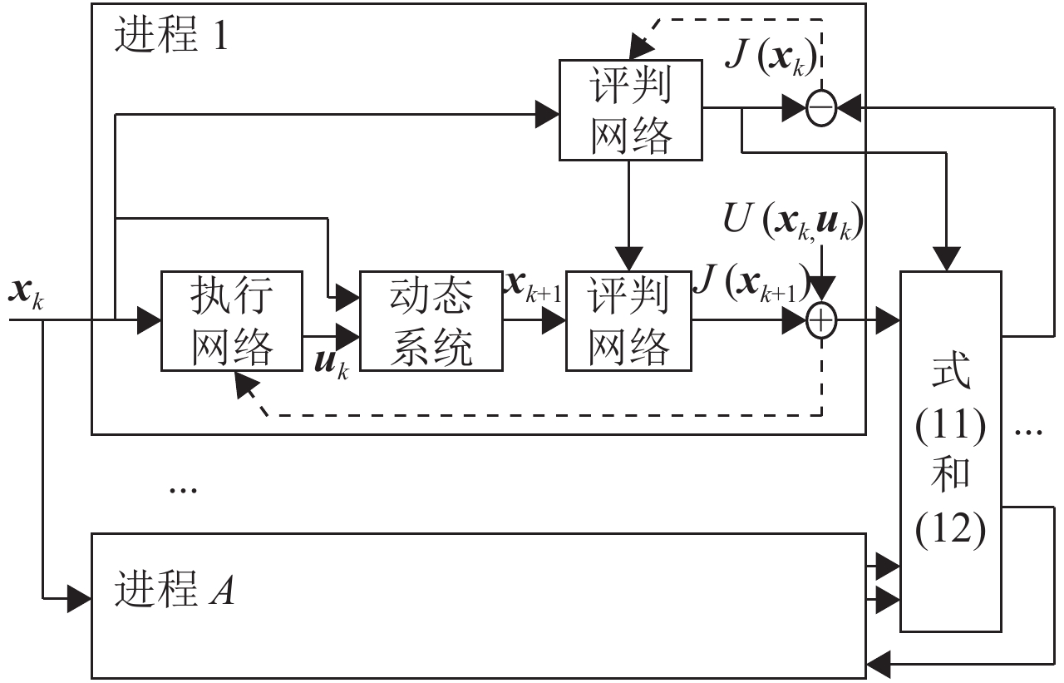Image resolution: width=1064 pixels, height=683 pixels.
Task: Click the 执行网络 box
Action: pyautogui.click(x=232, y=320)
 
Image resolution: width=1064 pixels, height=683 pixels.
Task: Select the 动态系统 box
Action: pyautogui.click(x=431, y=320)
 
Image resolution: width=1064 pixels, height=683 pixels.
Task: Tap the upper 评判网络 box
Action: pyautogui.click(x=630, y=109)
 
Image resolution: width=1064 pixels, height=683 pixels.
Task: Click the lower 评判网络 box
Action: pyautogui.click(x=629, y=320)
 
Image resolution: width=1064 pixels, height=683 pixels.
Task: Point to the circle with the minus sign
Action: pyautogui.click(x=820, y=109)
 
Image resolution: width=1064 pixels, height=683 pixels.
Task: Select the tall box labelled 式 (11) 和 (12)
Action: pyautogui.click(x=951, y=449)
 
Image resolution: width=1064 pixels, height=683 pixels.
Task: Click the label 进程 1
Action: pyautogui.click(x=170, y=37)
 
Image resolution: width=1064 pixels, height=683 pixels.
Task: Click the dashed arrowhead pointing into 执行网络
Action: pyautogui.click(x=244, y=384)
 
